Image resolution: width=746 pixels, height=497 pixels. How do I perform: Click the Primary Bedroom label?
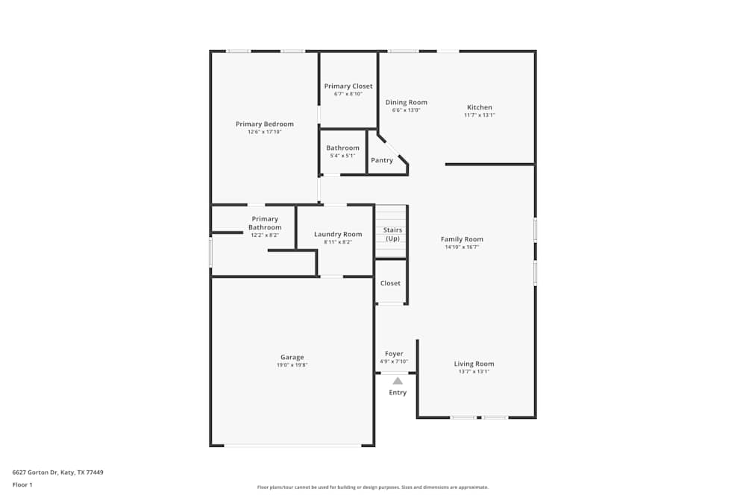(264, 124)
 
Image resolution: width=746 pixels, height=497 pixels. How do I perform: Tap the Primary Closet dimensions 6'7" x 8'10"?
(348, 94)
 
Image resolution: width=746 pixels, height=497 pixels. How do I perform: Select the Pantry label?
(381, 160)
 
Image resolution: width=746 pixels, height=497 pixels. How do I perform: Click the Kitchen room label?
(480, 107)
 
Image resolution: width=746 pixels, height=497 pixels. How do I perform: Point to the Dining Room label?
(406, 102)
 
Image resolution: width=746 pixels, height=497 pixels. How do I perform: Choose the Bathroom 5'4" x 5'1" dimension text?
(342, 155)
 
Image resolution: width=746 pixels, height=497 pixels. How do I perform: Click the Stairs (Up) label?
(392, 234)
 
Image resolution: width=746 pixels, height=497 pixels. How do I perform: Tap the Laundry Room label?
(338, 234)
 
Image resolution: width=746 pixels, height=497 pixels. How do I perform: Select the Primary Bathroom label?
(265, 223)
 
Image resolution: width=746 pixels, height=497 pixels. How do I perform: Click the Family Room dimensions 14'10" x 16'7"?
(462, 247)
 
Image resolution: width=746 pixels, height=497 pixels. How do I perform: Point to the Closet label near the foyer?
(390, 283)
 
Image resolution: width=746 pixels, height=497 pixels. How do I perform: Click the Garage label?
(292, 357)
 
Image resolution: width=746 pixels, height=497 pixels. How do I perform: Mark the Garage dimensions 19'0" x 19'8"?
(292, 364)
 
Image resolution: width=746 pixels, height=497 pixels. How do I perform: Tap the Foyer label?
(394, 354)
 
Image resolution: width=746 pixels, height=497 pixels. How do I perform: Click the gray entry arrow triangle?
(398, 381)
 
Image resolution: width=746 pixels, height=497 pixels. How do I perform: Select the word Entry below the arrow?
(398, 393)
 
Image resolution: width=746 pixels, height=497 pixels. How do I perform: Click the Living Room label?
(474, 364)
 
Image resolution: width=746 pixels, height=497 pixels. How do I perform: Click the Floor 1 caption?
(22, 484)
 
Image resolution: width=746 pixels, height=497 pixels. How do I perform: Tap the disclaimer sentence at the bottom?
(372, 487)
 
